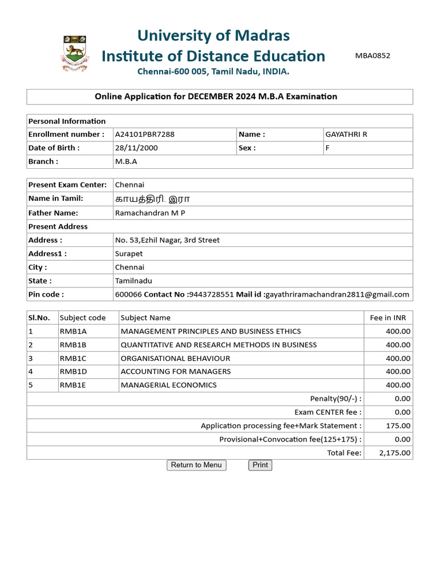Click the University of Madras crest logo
[75, 53]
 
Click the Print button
[260, 465]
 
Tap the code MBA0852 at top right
[373, 55]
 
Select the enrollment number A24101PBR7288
[145, 134]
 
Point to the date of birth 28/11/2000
[136, 148]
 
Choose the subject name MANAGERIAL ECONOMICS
[169, 385]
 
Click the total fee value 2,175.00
[395, 453]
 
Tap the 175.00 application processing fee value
[398, 425]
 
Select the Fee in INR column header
[388, 318]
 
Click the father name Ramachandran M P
[150, 213]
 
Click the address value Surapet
[129, 254]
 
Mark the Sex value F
[327, 148]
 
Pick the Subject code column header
[83, 318]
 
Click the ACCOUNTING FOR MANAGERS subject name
[176, 371]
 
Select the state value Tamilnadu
[133, 281]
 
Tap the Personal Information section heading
[67, 121]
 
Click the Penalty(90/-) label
[335, 399]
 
